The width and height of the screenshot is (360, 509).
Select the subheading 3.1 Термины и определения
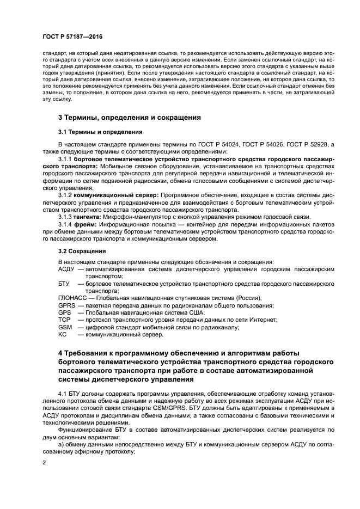coord(93,132)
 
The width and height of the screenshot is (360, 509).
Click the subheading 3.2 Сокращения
coord(82,252)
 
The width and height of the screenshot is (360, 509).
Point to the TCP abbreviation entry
coord(64,320)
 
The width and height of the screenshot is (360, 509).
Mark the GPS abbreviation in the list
coord(64,312)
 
